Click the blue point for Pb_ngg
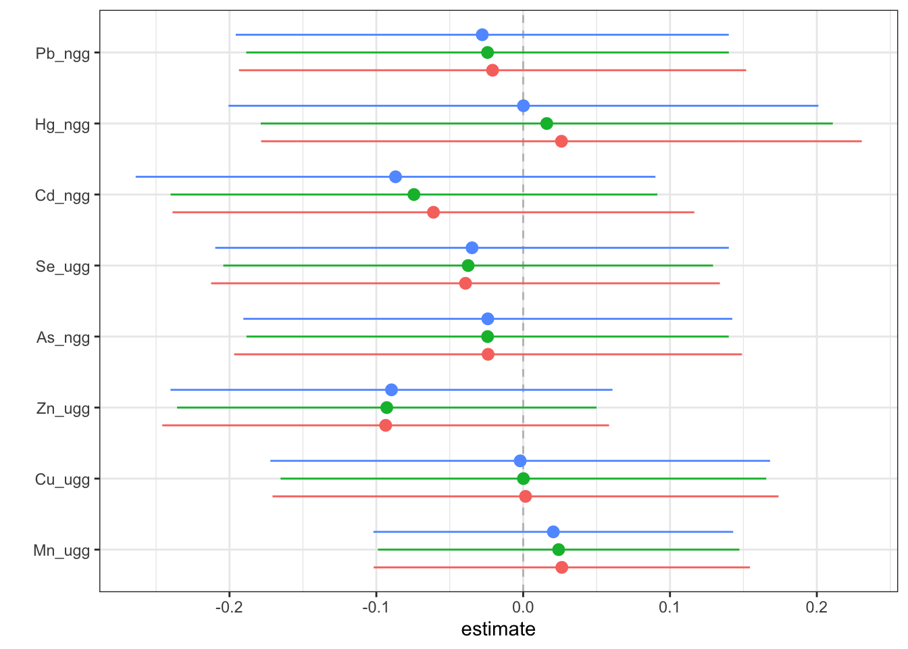click(x=482, y=34)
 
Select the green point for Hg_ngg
click(x=547, y=124)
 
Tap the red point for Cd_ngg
click(x=433, y=212)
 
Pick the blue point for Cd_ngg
click(x=395, y=177)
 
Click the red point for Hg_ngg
click(x=561, y=141)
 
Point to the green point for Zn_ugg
click(x=386, y=408)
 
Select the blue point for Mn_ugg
click(x=553, y=532)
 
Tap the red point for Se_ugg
click(x=465, y=283)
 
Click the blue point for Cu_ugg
click(x=520, y=461)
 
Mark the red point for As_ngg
click(x=488, y=354)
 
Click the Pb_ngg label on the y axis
click(x=62, y=53)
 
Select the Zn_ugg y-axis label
click(x=63, y=408)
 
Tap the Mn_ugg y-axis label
click(x=61, y=550)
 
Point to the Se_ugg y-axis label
click(x=63, y=266)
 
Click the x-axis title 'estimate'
click(x=498, y=629)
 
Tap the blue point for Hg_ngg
click(x=523, y=105)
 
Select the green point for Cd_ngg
click(x=414, y=195)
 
